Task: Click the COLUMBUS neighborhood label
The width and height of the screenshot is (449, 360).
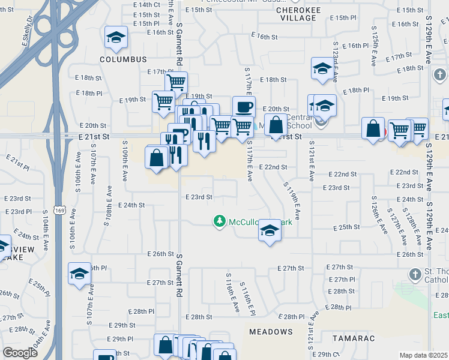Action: coord(123,59)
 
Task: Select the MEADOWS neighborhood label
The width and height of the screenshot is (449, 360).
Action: coord(271,331)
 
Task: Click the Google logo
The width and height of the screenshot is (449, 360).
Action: coord(20,352)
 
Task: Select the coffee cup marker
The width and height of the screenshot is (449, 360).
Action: coord(243,107)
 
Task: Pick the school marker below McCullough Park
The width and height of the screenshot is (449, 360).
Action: coord(270,231)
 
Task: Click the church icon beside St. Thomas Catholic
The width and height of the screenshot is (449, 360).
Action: coord(414,275)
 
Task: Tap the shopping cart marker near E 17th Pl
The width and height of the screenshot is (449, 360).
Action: coord(176,82)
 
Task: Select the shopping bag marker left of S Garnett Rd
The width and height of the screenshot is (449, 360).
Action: coord(156,158)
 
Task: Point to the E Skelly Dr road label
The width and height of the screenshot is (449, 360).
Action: coord(26,29)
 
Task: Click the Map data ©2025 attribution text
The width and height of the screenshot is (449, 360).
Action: coord(423,355)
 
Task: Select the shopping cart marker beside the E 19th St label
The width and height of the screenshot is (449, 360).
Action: coord(163,102)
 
